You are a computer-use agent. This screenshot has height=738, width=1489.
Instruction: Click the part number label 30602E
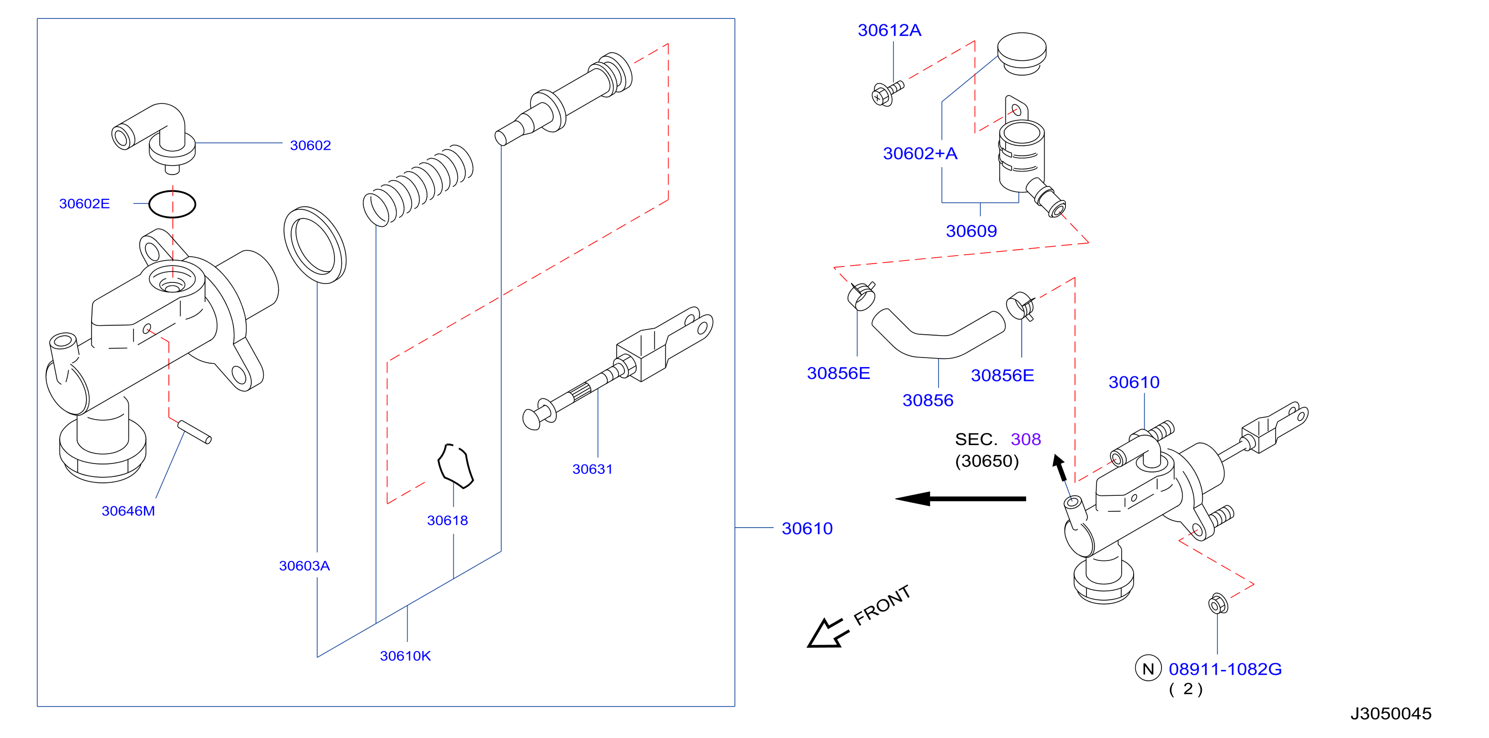tap(85, 204)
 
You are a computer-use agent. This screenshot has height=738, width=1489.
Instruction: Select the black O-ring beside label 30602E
tap(172, 191)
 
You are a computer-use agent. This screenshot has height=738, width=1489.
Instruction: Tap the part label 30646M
tap(128, 511)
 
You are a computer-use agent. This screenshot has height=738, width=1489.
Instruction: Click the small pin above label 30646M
tap(194, 432)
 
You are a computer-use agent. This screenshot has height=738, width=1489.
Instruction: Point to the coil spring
tap(418, 184)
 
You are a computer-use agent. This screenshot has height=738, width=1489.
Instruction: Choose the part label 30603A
tap(305, 566)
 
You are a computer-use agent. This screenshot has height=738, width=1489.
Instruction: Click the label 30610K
tap(405, 656)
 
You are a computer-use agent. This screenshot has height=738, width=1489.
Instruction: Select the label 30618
tap(447, 520)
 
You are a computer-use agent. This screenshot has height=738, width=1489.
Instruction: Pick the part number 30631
tap(593, 469)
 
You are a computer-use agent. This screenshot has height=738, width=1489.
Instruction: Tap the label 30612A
tap(890, 30)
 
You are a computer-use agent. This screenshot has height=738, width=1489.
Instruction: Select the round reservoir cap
tap(1021, 53)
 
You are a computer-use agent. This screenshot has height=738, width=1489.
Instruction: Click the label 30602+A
tap(920, 154)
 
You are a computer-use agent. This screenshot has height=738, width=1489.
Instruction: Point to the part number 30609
tap(971, 231)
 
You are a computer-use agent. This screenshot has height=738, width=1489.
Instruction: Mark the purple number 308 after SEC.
tap(1026, 440)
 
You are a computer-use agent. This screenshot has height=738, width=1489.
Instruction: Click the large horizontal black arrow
tap(960, 499)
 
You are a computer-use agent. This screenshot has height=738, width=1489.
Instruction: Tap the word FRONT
tap(882, 605)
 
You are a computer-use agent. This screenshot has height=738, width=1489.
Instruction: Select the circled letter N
tap(1148, 669)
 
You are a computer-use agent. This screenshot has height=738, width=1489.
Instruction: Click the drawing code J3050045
tap(1391, 714)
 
